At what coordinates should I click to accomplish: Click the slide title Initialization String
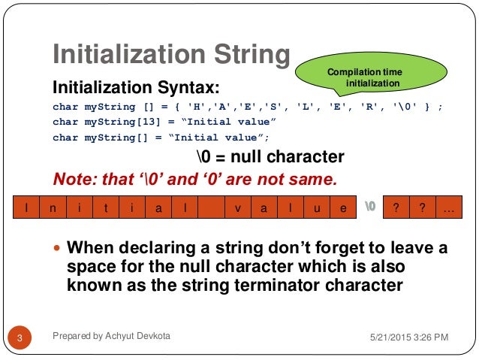click(171, 55)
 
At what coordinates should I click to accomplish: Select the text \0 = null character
click(270, 157)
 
